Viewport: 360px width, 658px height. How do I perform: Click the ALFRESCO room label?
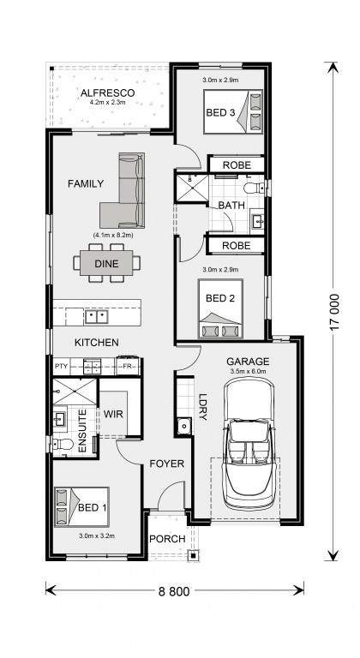[x=107, y=93]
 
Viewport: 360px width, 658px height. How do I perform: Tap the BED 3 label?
[x=219, y=112]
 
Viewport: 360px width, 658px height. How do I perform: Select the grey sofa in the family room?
[x=123, y=190]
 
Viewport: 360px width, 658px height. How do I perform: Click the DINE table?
[x=106, y=264]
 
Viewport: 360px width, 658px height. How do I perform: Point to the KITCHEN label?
[x=97, y=343]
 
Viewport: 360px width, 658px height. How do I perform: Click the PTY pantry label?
[x=61, y=367]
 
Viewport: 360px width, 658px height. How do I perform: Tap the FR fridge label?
[x=127, y=367]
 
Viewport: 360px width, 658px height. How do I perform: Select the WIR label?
[x=113, y=415]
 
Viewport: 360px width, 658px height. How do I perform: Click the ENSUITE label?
[x=83, y=431]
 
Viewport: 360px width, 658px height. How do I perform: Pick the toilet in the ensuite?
[x=63, y=444]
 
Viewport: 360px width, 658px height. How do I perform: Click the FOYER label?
[x=167, y=464]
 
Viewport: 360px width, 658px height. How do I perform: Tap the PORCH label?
[x=167, y=539]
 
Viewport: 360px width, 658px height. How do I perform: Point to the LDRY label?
[x=203, y=407]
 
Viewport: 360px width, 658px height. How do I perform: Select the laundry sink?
[x=183, y=427]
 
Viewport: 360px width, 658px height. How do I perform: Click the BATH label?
[x=231, y=206]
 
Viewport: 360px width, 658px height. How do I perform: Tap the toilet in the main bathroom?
[x=254, y=188]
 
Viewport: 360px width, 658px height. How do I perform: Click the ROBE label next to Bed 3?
[x=237, y=164]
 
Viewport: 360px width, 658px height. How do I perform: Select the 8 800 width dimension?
[x=174, y=592]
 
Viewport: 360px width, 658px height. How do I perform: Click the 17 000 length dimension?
[x=334, y=312]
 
